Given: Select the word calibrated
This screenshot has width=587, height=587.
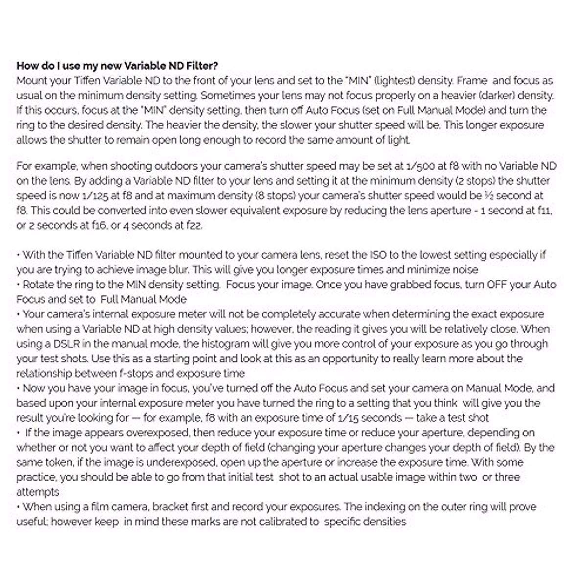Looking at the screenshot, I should pyautogui.click(x=275, y=522).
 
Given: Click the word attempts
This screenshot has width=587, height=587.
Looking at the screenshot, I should pyautogui.click(x=38, y=492).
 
